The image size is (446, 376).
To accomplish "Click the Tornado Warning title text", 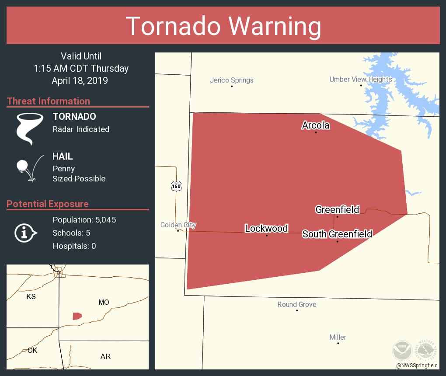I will click(x=223, y=26).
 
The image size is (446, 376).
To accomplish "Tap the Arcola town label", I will click(x=315, y=125).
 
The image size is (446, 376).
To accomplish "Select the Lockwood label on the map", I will click(x=266, y=228).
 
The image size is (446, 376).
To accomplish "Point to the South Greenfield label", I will click(x=337, y=234).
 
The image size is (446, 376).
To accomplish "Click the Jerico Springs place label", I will click(x=231, y=80).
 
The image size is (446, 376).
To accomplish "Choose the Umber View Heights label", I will click(x=360, y=79).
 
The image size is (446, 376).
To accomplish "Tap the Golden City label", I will click(x=178, y=225).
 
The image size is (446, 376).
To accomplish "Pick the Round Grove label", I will click(x=296, y=304).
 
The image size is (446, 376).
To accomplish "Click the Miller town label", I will click(x=338, y=337).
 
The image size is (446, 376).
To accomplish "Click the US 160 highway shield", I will click(x=176, y=186).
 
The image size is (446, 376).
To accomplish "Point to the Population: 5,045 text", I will click(x=84, y=220).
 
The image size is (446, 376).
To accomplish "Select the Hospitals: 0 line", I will click(x=74, y=246).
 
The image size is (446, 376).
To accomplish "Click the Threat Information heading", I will click(x=49, y=101).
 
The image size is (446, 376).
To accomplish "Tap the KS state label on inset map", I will click(x=31, y=296).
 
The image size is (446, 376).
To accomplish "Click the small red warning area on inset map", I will click(x=77, y=316).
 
